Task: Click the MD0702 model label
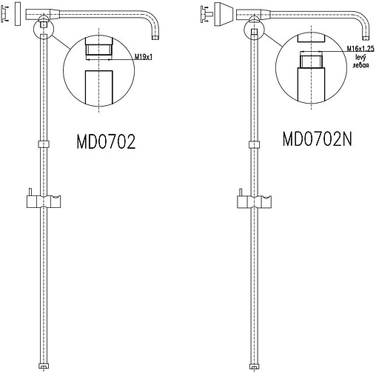click(106, 141)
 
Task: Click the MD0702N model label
click(318, 139)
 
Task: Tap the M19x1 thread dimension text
click(144, 57)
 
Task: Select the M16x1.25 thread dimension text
click(360, 49)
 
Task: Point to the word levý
click(360, 58)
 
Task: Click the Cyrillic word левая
click(360, 65)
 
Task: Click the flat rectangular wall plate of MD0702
click(18, 14)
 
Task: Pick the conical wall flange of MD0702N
click(224, 14)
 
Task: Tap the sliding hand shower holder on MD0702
click(44, 201)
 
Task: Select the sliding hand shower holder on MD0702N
click(254, 201)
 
